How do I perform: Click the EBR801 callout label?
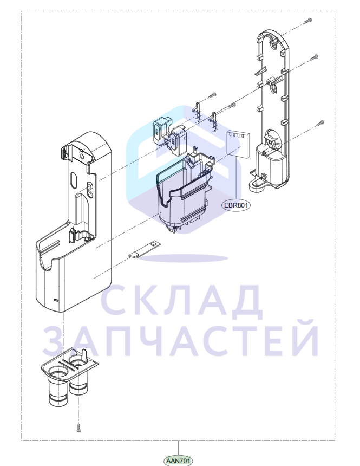tap(236, 205)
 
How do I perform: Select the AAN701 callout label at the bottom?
tap(178, 461)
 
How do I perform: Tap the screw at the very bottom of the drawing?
tap(78, 428)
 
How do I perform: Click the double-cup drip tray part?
tap(69, 377)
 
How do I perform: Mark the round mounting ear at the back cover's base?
tap(256, 185)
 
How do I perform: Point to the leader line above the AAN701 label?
tap(178, 448)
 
